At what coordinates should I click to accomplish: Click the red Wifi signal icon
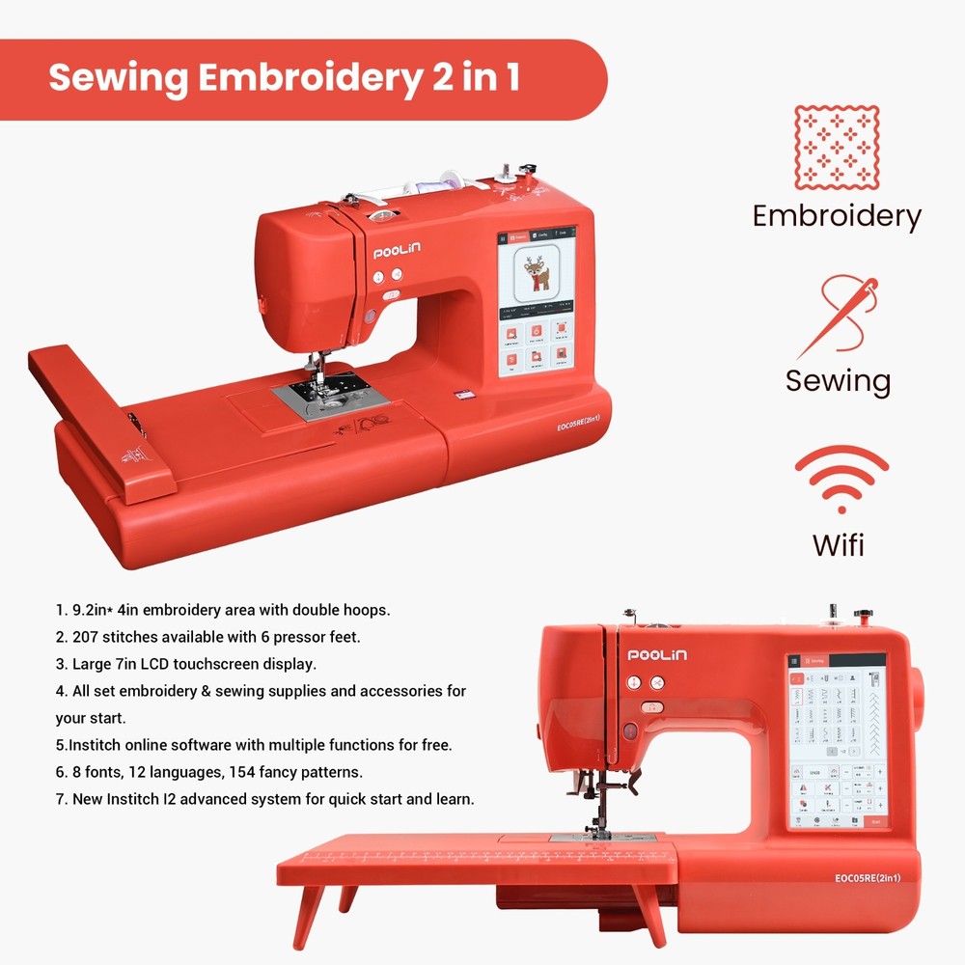tap(841, 477)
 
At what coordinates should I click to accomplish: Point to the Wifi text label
tap(838, 543)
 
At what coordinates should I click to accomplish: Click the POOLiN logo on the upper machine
tap(397, 253)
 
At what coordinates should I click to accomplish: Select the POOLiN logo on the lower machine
tap(658, 655)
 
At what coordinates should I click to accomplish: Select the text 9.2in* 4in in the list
tap(117, 610)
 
